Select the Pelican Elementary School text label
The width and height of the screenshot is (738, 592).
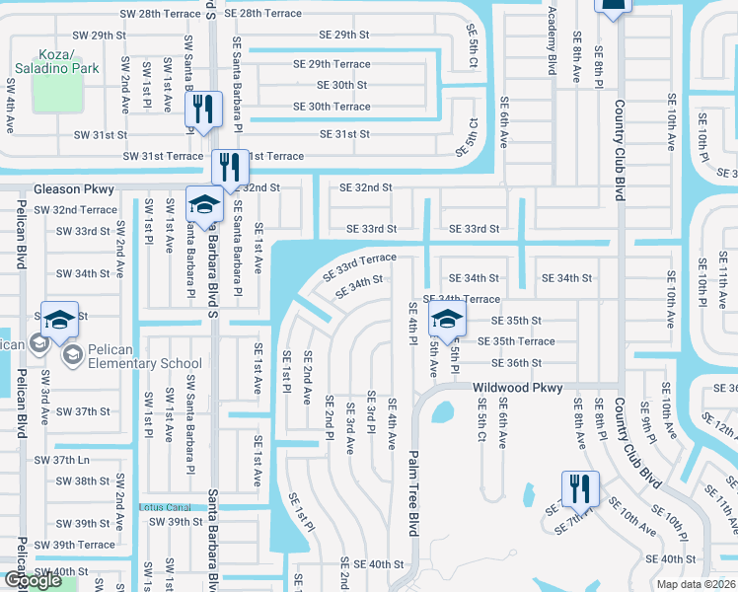(138, 363)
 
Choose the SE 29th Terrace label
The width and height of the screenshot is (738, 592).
(332, 64)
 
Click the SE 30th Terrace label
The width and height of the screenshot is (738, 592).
(332, 107)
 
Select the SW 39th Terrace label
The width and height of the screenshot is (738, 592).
(75, 545)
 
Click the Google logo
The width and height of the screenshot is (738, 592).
(34, 581)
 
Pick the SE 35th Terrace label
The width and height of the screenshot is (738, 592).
(516, 341)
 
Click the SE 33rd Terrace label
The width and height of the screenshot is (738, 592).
(359, 264)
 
